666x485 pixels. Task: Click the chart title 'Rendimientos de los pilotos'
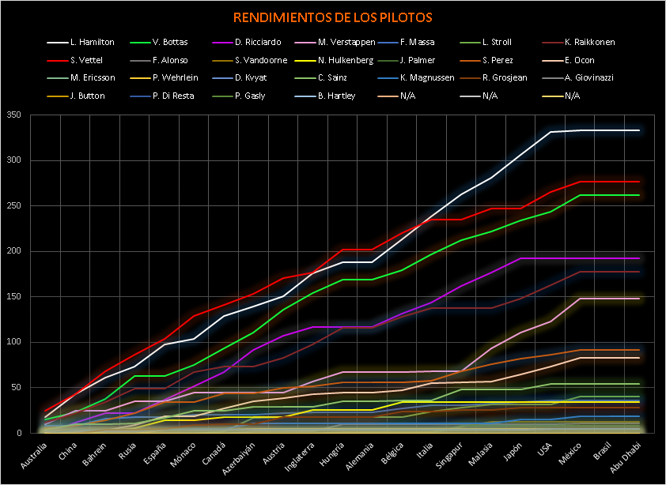[x=332, y=17]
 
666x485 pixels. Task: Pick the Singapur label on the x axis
[x=444, y=453]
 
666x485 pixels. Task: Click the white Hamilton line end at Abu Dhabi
[x=638, y=130]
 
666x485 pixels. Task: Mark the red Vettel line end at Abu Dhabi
[x=638, y=182]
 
